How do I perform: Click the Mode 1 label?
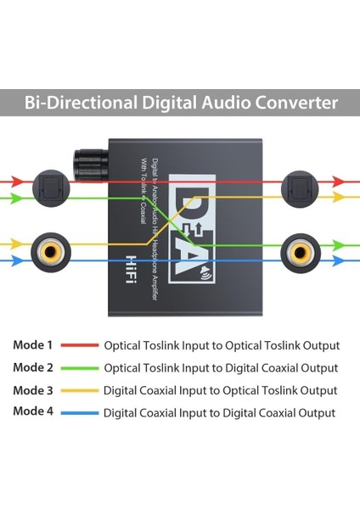pyautogui.click(x=33, y=345)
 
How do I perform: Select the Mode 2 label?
pyautogui.click(x=33, y=368)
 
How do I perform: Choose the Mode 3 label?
pyautogui.click(x=33, y=390)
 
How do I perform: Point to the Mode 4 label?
pyautogui.click(x=33, y=412)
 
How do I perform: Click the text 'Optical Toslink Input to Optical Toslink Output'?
pyautogui.click(x=222, y=346)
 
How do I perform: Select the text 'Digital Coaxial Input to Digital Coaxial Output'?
pyautogui.click(x=219, y=413)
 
